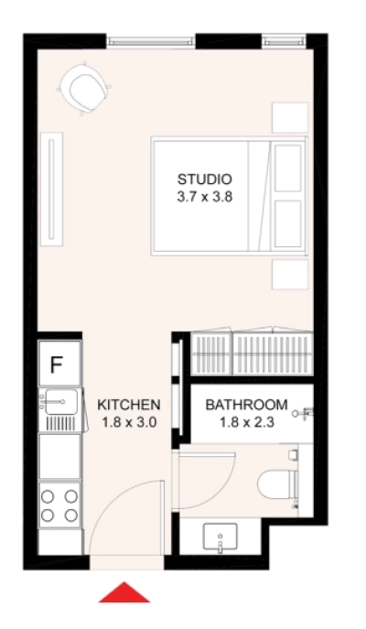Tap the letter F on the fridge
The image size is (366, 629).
point(56,364)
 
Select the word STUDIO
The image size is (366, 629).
point(205,179)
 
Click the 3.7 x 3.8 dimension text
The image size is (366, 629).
point(205,195)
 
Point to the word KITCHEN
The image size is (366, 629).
point(129,404)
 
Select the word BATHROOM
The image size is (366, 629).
point(246,405)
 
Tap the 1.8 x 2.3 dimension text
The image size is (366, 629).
point(246,422)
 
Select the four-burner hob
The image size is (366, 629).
point(59,504)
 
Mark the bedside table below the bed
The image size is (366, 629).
point(290,274)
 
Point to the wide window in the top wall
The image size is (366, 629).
point(152,41)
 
